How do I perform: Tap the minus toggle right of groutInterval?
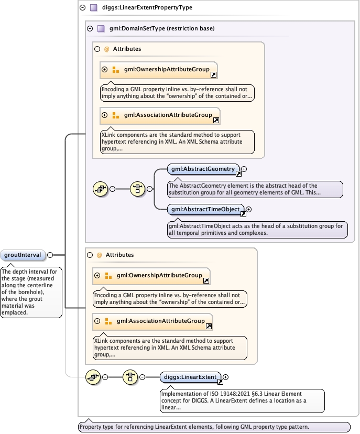50,255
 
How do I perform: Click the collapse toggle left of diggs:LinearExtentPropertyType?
82,8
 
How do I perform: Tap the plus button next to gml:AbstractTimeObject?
249,210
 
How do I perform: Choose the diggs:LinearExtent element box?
192,376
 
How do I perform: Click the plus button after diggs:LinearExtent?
226,376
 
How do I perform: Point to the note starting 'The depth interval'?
31,291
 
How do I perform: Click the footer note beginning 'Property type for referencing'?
213,427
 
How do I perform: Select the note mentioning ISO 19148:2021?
242,400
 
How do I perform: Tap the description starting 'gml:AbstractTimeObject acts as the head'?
256,230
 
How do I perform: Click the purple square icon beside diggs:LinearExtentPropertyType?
93,8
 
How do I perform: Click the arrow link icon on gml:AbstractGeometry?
237,173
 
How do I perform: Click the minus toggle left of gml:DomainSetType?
90,29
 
